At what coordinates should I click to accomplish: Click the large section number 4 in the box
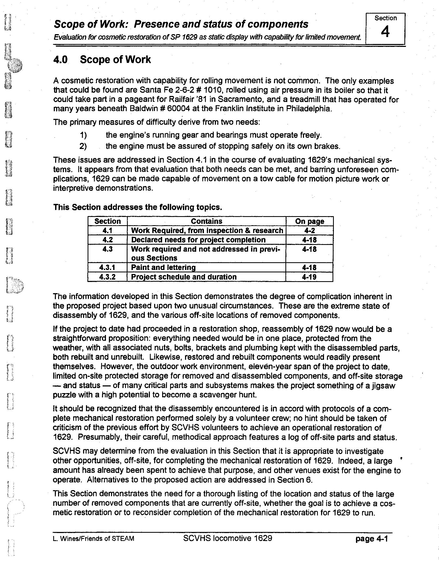click(x=385, y=32)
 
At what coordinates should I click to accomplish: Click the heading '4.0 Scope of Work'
click(x=102, y=59)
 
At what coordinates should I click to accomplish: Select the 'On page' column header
click(x=309, y=221)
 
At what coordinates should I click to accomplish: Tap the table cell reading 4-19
click(x=309, y=277)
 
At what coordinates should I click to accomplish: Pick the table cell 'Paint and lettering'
click(x=163, y=267)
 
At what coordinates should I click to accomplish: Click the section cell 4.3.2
click(x=107, y=277)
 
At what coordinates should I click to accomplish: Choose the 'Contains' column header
click(x=206, y=221)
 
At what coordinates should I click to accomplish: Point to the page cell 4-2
click(x=309, y=231)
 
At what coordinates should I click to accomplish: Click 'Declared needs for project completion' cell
click(x=198, y=240)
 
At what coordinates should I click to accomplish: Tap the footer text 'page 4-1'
click(x=371, y=539)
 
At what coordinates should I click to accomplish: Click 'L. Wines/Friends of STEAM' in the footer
click(x=93, y=539)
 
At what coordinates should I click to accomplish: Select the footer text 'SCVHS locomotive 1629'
click(x=228, y=538)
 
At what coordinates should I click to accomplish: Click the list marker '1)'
click(x=83, y=135)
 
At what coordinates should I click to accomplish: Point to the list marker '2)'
click(x=83, y=146)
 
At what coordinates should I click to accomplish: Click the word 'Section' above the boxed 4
click(x=385, y=18)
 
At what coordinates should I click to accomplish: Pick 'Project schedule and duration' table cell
click(x=184, y=277)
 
